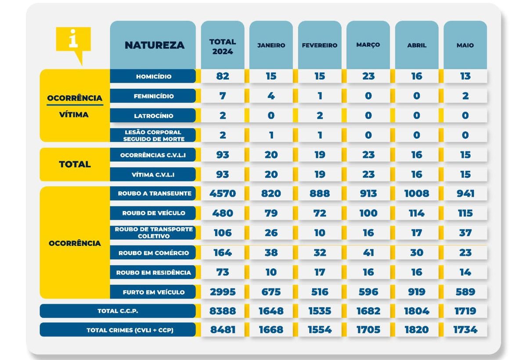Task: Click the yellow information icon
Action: coord(73,41)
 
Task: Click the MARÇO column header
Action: coord(368,45)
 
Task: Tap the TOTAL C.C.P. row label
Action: coord(118,311)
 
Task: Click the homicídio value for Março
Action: coord(368,76)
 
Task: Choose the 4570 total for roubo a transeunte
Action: coord(223,194)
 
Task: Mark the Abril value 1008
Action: coord(416,194)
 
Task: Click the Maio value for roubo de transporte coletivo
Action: coord(465,233)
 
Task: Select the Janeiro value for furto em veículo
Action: coord(271,292)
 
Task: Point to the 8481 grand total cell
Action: coord(223,330)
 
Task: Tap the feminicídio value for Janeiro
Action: coord(271,96)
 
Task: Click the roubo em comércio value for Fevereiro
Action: coord(320,253)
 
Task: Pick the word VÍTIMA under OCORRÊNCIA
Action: coord(74,115)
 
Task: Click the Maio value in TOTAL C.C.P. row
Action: coord(465,311)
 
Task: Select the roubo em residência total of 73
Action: coord(223,273)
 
